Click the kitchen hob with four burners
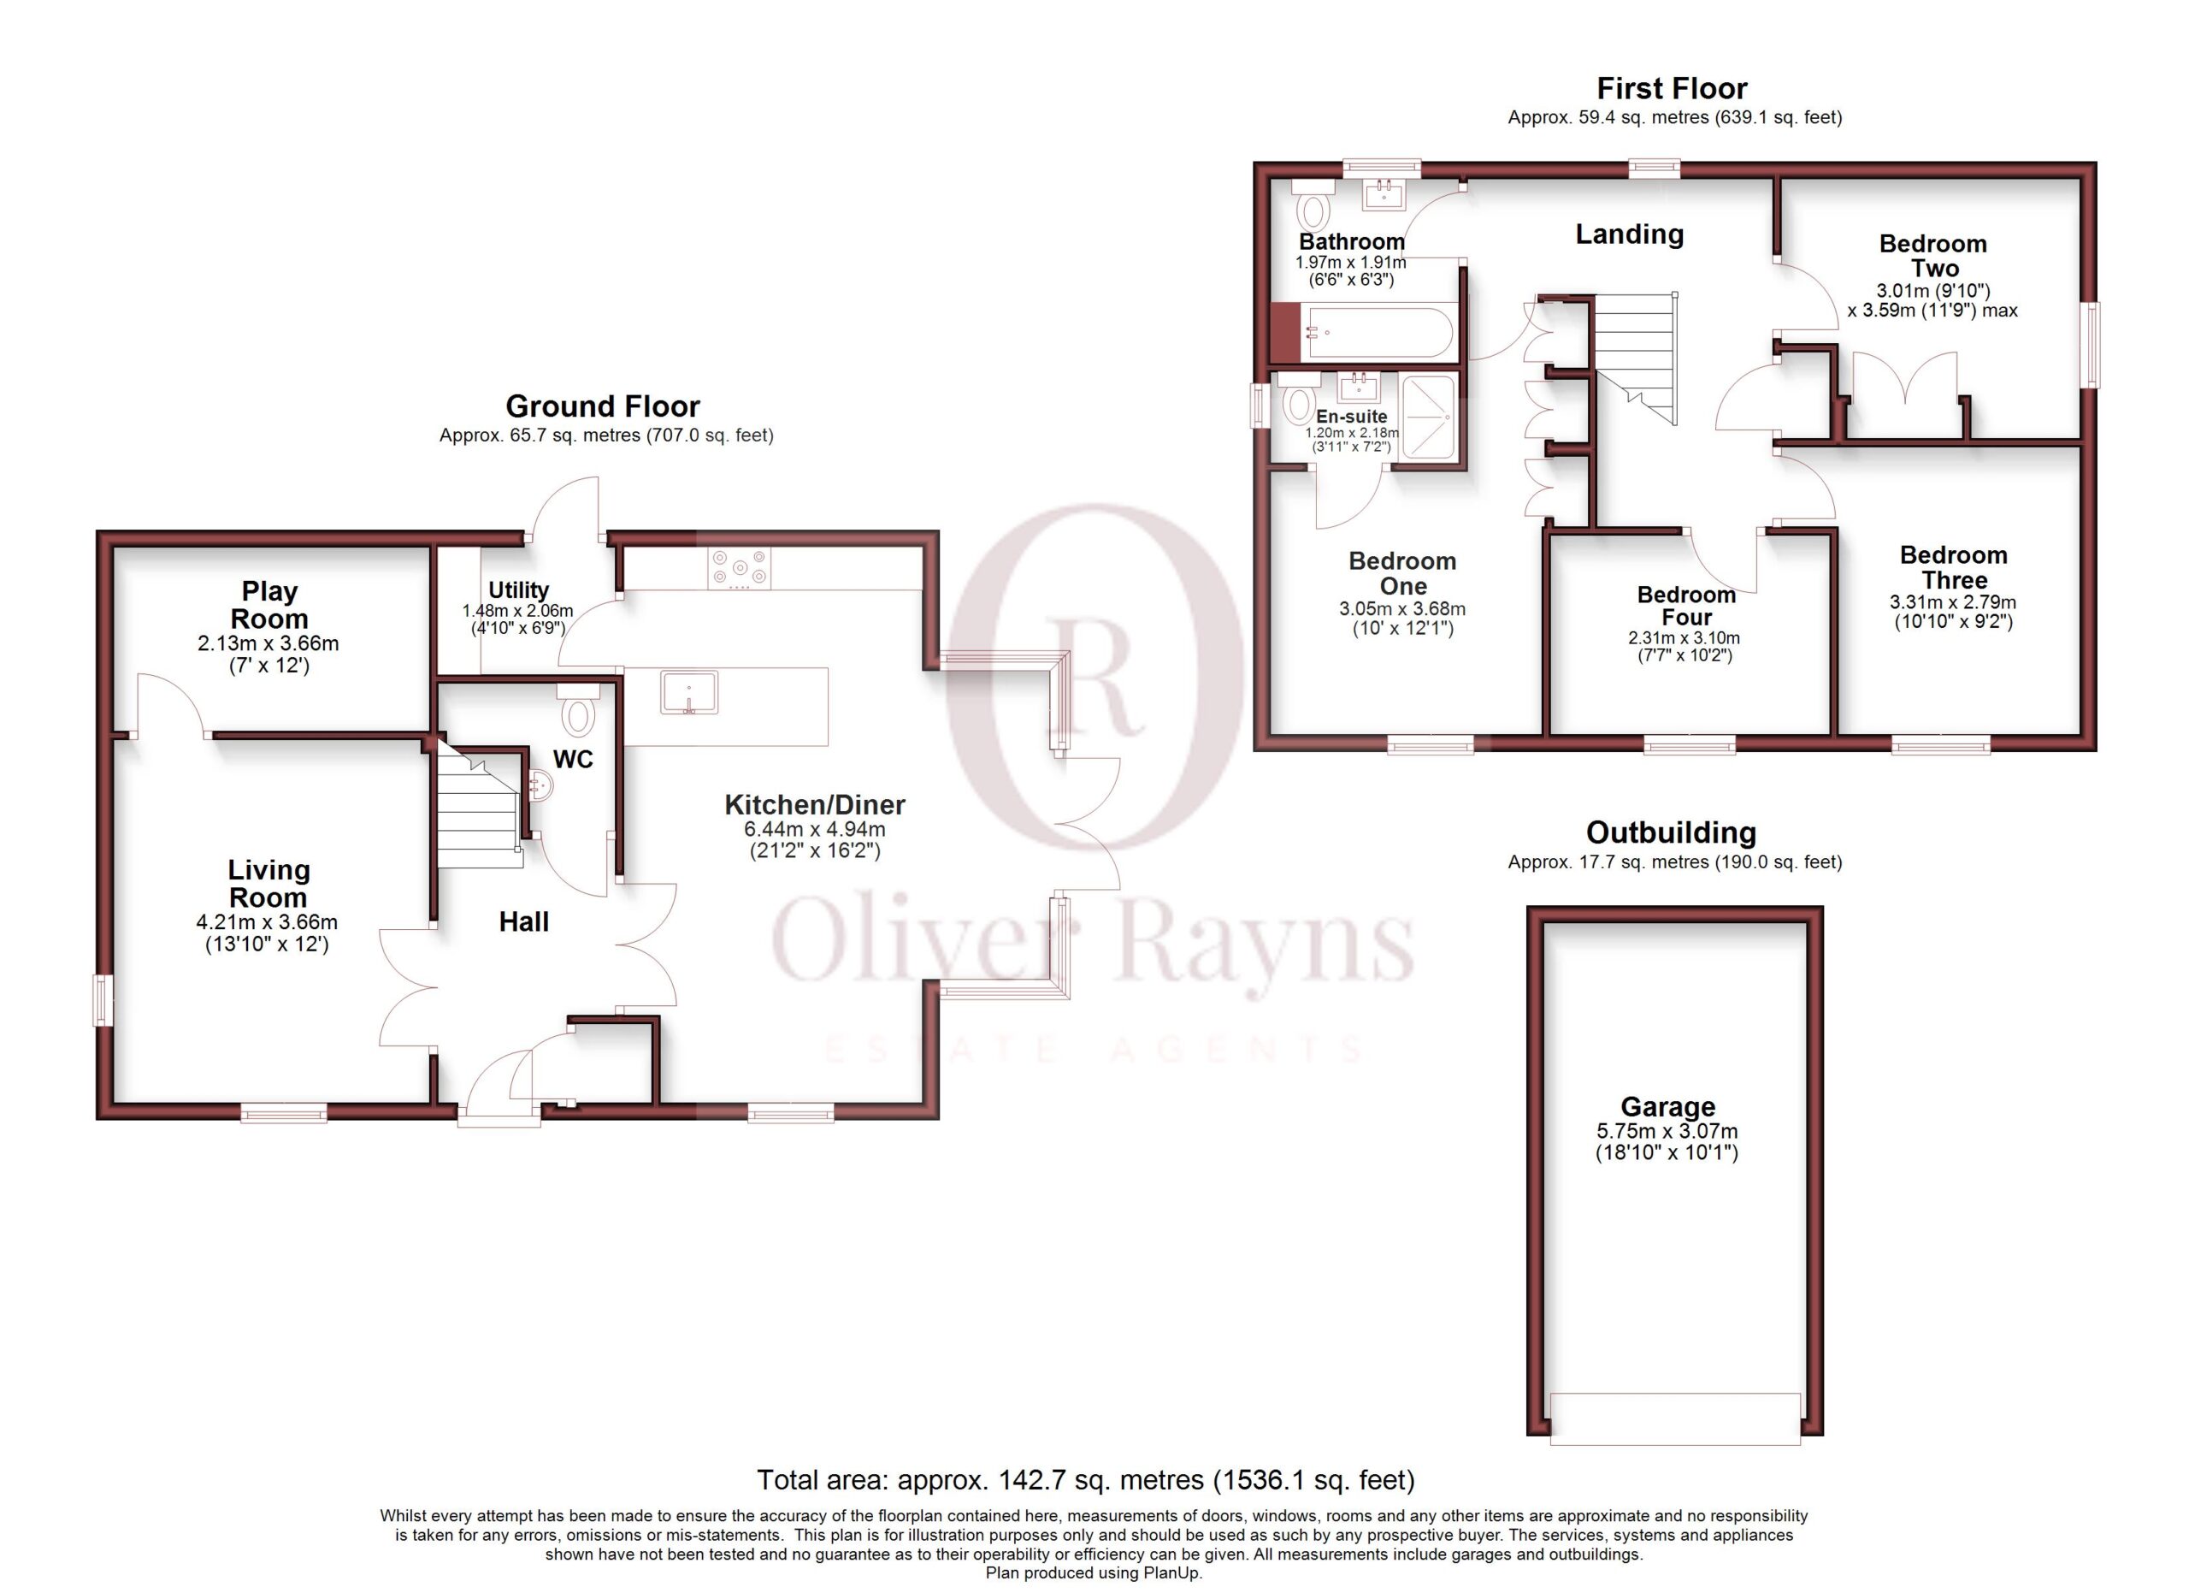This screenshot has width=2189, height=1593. (x=740, y=569)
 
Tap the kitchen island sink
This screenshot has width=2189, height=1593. (x=689, y=692)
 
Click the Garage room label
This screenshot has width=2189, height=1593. (x=1667, y=1106)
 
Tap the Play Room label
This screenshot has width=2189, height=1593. (x=269, y=604)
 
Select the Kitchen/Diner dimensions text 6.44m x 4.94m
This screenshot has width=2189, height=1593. (x=815, y=829)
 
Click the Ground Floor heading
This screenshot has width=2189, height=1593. (x=602, y=406)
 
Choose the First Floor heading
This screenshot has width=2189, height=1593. (x=1672, y=89)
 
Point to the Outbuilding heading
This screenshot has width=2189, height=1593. (x=1671, y=832)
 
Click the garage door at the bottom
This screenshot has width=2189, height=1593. (x=1674, y=1418)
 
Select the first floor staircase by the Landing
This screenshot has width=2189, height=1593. (x=1635, y=358)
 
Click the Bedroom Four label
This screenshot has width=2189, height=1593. (x=1686, y=607)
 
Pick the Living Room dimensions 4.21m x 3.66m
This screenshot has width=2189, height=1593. (x=268, y=922)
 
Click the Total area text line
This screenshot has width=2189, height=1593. (x=1086, y=1480)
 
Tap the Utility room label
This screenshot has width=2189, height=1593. (x=518, y=590)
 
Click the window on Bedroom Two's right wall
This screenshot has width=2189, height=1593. (x=2091, y=345)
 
